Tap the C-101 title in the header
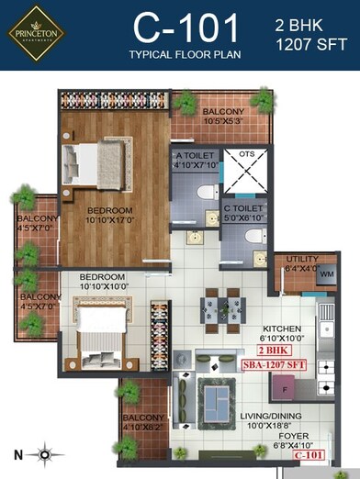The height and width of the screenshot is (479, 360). click(x=186, y=28)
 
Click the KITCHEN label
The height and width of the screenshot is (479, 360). click(x=282, y=329)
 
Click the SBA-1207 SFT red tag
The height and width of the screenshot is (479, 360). click(x=276, y=365)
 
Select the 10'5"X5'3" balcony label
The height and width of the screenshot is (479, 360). click(x=222, y=117)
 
